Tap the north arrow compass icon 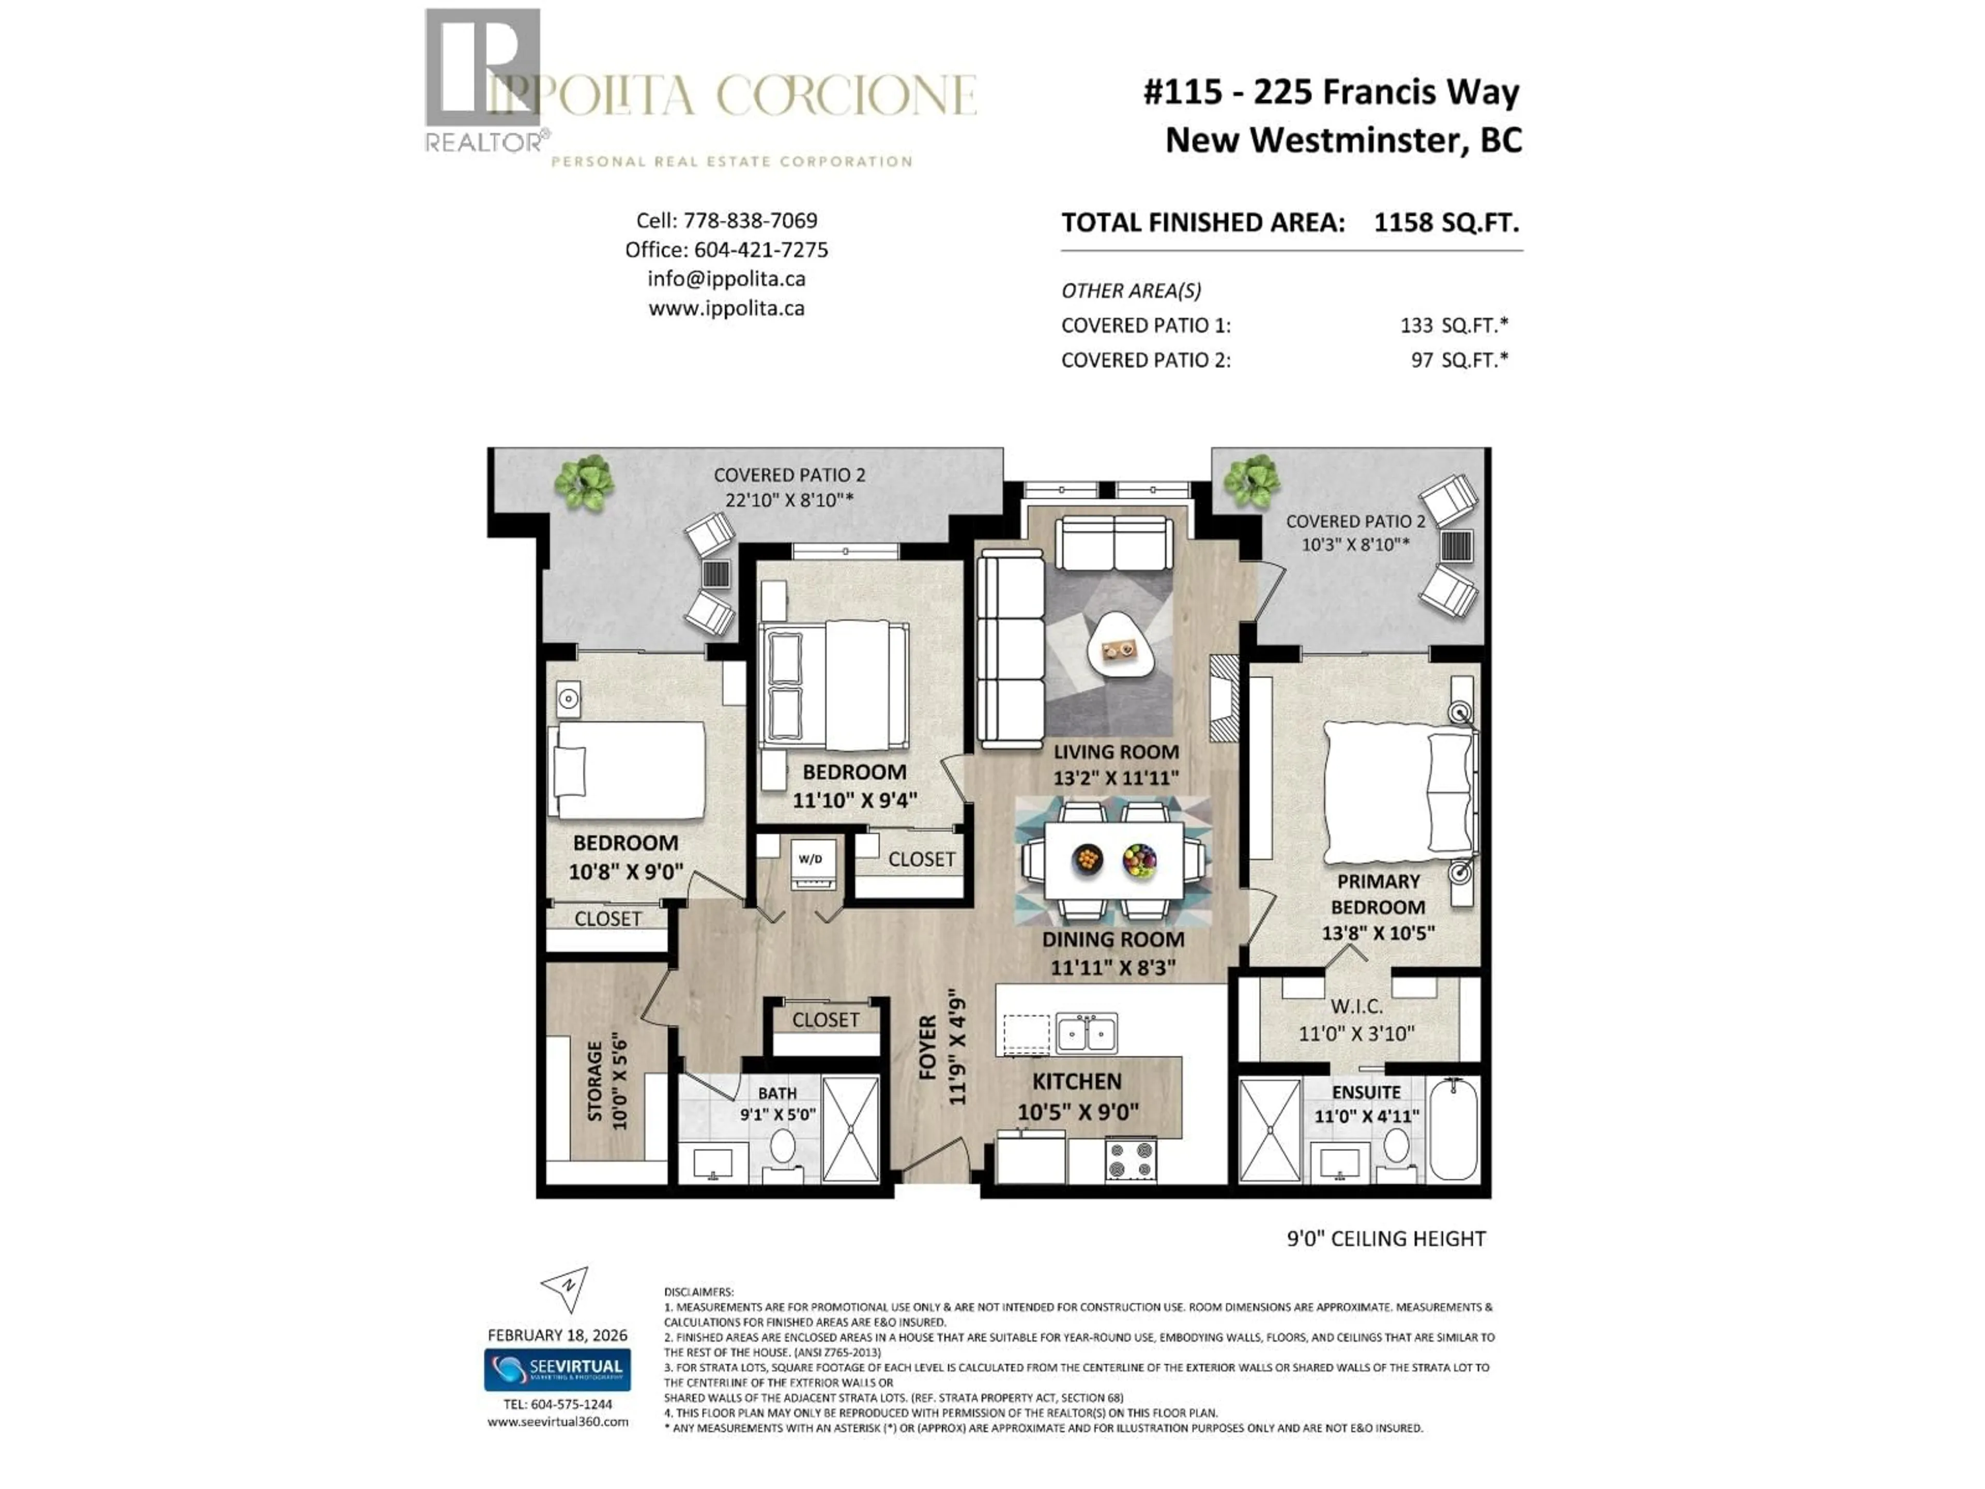[566, 1288]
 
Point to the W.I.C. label [1356, 1006]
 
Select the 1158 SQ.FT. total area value [1446, 223]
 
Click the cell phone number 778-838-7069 [750, 220]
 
